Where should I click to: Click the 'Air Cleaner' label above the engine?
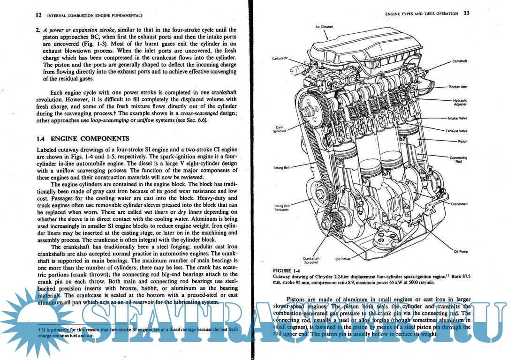[x=324, y=27]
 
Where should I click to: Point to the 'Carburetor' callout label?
[x=280, y=59]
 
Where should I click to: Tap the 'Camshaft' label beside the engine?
[x=459, y=61]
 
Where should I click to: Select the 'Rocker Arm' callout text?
[x=458, y=87]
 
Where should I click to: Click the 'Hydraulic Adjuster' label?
[x=460, y=102]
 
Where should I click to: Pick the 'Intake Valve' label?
[x=457, y=118]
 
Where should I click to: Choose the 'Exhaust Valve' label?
[x=456, y=131]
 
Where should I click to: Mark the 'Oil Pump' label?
[x=461, y=251]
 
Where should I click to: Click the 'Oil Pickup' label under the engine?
[x=343, y=258]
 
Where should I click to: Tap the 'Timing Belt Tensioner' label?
[x=281, y=207]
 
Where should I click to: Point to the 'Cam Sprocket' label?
[x=280, y=129]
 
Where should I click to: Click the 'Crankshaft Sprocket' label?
[x=311, y=260]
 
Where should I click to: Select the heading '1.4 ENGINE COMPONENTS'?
[x=83, y=139]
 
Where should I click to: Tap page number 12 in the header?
[x=39, y=15]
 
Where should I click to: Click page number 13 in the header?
[x=466, y=13]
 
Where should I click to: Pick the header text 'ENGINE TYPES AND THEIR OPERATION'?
[x=421, y=14]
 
